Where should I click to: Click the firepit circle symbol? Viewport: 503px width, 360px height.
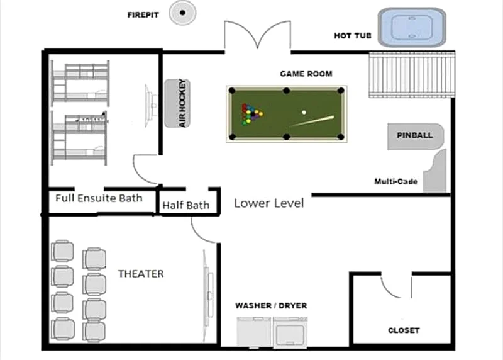click(182, 13)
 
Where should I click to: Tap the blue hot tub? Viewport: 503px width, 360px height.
click(412, 28)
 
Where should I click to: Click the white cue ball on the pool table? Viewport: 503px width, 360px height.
click(304, 113)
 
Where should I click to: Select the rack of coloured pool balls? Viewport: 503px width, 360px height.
click(251, 114)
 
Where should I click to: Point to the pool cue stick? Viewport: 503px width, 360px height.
click(312, 121)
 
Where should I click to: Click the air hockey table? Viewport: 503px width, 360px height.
click(177, 103)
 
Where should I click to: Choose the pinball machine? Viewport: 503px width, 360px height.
click(416, 136)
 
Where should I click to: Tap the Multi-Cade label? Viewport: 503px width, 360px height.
click(396, 181)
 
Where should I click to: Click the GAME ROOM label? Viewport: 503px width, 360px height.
click(306, 74)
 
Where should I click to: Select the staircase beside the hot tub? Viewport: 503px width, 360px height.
click(412, 74)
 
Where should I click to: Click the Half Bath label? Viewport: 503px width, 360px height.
click(185, 205)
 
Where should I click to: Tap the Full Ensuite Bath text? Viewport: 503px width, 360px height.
click(99, 198)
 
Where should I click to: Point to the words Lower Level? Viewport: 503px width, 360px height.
click(269, 203)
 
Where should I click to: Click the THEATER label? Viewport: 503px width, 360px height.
click(141, 274)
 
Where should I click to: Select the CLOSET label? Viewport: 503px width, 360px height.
click(404, 330)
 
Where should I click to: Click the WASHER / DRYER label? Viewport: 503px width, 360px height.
click(271, 305)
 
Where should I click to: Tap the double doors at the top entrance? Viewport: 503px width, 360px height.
click(258, 35)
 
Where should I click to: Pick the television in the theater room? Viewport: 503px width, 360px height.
click(208, 295)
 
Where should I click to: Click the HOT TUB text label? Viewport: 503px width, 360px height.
click(353, 36)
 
